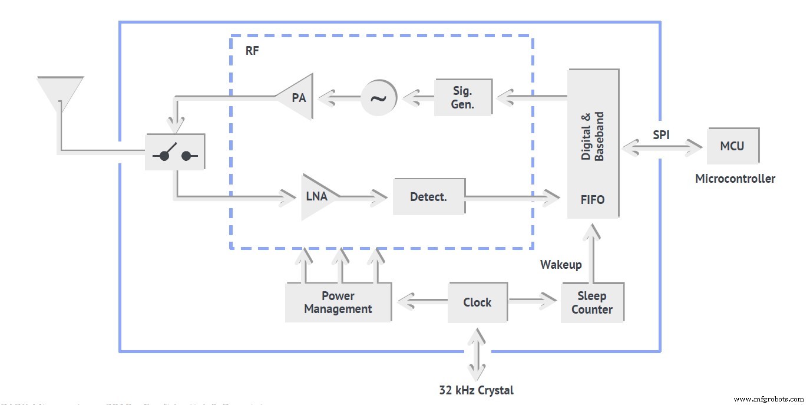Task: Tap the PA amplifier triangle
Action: (297, 97)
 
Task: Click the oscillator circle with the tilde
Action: (379, 97)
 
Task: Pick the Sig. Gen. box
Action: (463, 98)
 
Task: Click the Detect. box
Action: (428, 197)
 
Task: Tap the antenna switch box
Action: (175, 152)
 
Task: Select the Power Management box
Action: (338, 302)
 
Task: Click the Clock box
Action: (477, 302)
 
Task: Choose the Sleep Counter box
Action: (591, 302)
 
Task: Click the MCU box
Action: (732, 146)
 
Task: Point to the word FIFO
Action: (593, 200)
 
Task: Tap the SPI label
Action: (661, 134)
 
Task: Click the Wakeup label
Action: (561, 265)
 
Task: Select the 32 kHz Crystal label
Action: (476, 390)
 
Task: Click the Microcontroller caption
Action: (735, 179)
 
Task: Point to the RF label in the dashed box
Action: (252, 51)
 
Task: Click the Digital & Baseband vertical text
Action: (593, 137)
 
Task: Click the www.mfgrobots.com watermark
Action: (768, 399)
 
